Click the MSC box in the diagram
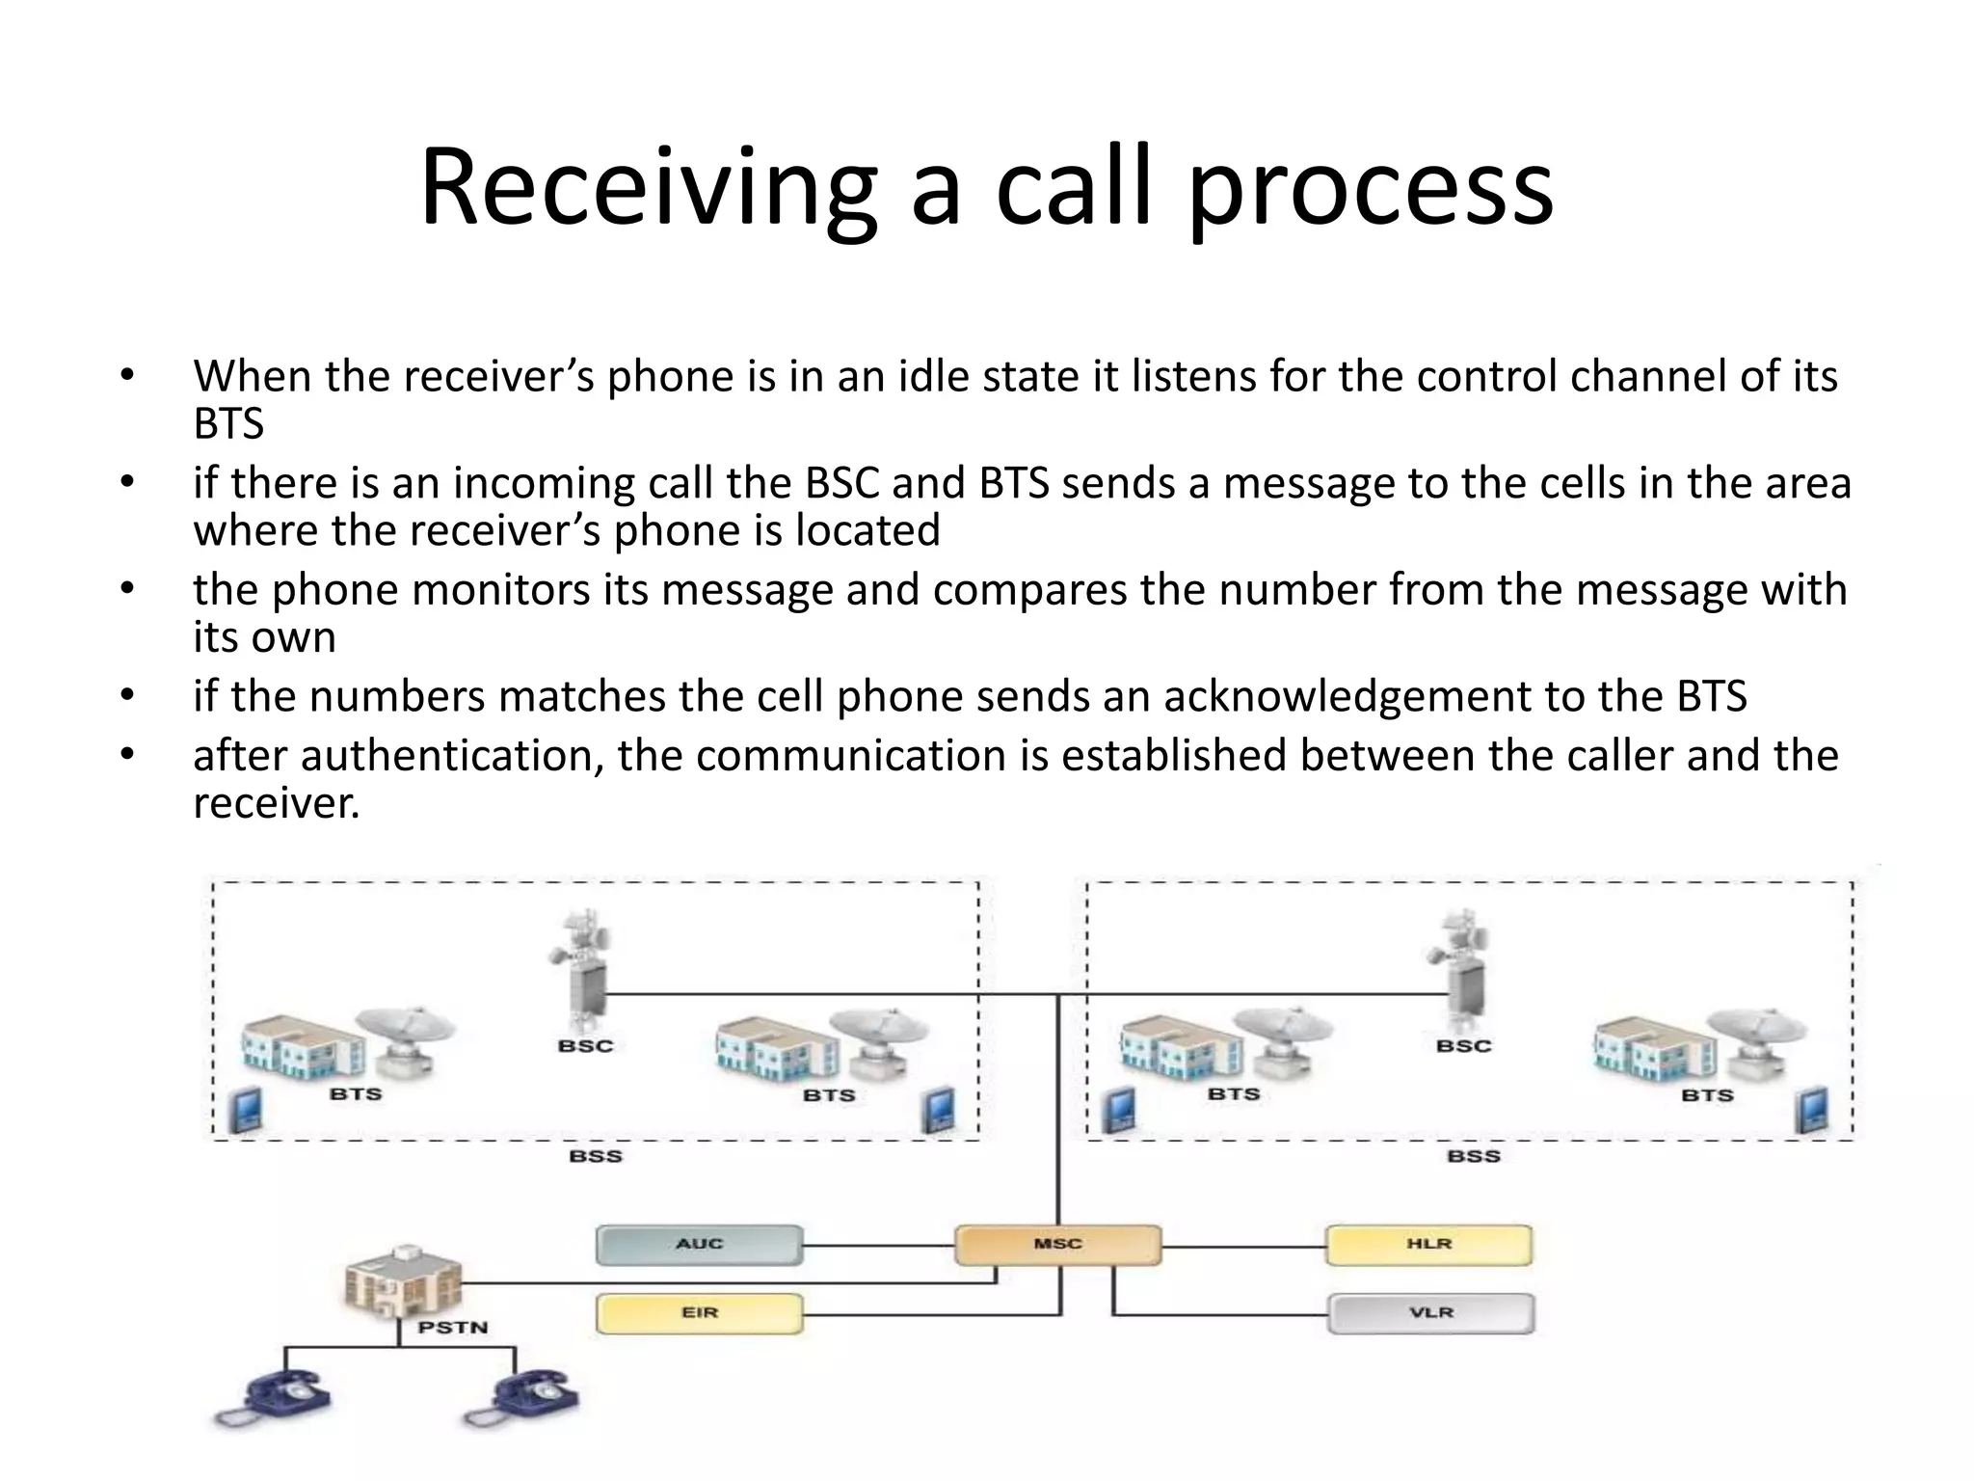(1057, 1244)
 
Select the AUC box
(699, 1244)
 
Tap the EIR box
(699, 1313)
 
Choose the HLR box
(1428, 1244)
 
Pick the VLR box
(1430, 1313)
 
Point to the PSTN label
(452, 1328)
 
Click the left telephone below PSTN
(275, 1398)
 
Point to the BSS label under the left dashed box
(595, 1156)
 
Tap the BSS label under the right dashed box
(1473, 1156)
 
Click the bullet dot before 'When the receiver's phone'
(127, 376)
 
